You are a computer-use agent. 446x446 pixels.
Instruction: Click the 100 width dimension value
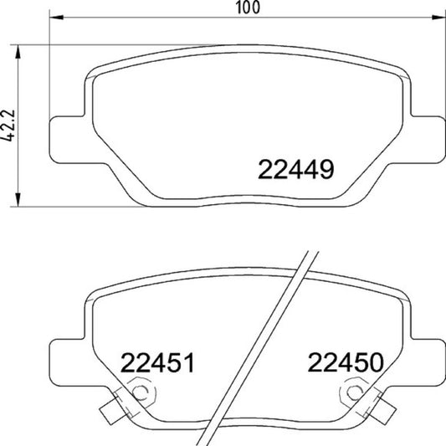[x=248, y=8]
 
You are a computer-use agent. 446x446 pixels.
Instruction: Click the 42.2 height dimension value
[x=8, y=126]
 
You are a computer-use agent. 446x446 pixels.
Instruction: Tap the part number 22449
[x=296, y=170]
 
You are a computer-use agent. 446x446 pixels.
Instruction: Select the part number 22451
[x=157, y=362]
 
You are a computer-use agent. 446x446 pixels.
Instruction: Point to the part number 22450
[x=346, y=362]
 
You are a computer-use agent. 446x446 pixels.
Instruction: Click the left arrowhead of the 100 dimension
[x=56, y=18]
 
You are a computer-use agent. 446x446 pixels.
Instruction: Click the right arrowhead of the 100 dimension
[x=438, y=18]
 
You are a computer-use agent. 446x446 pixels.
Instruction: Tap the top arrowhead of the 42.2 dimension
[x=18, y=52]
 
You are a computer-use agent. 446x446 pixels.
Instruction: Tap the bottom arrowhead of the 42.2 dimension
[x=18, y=200]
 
